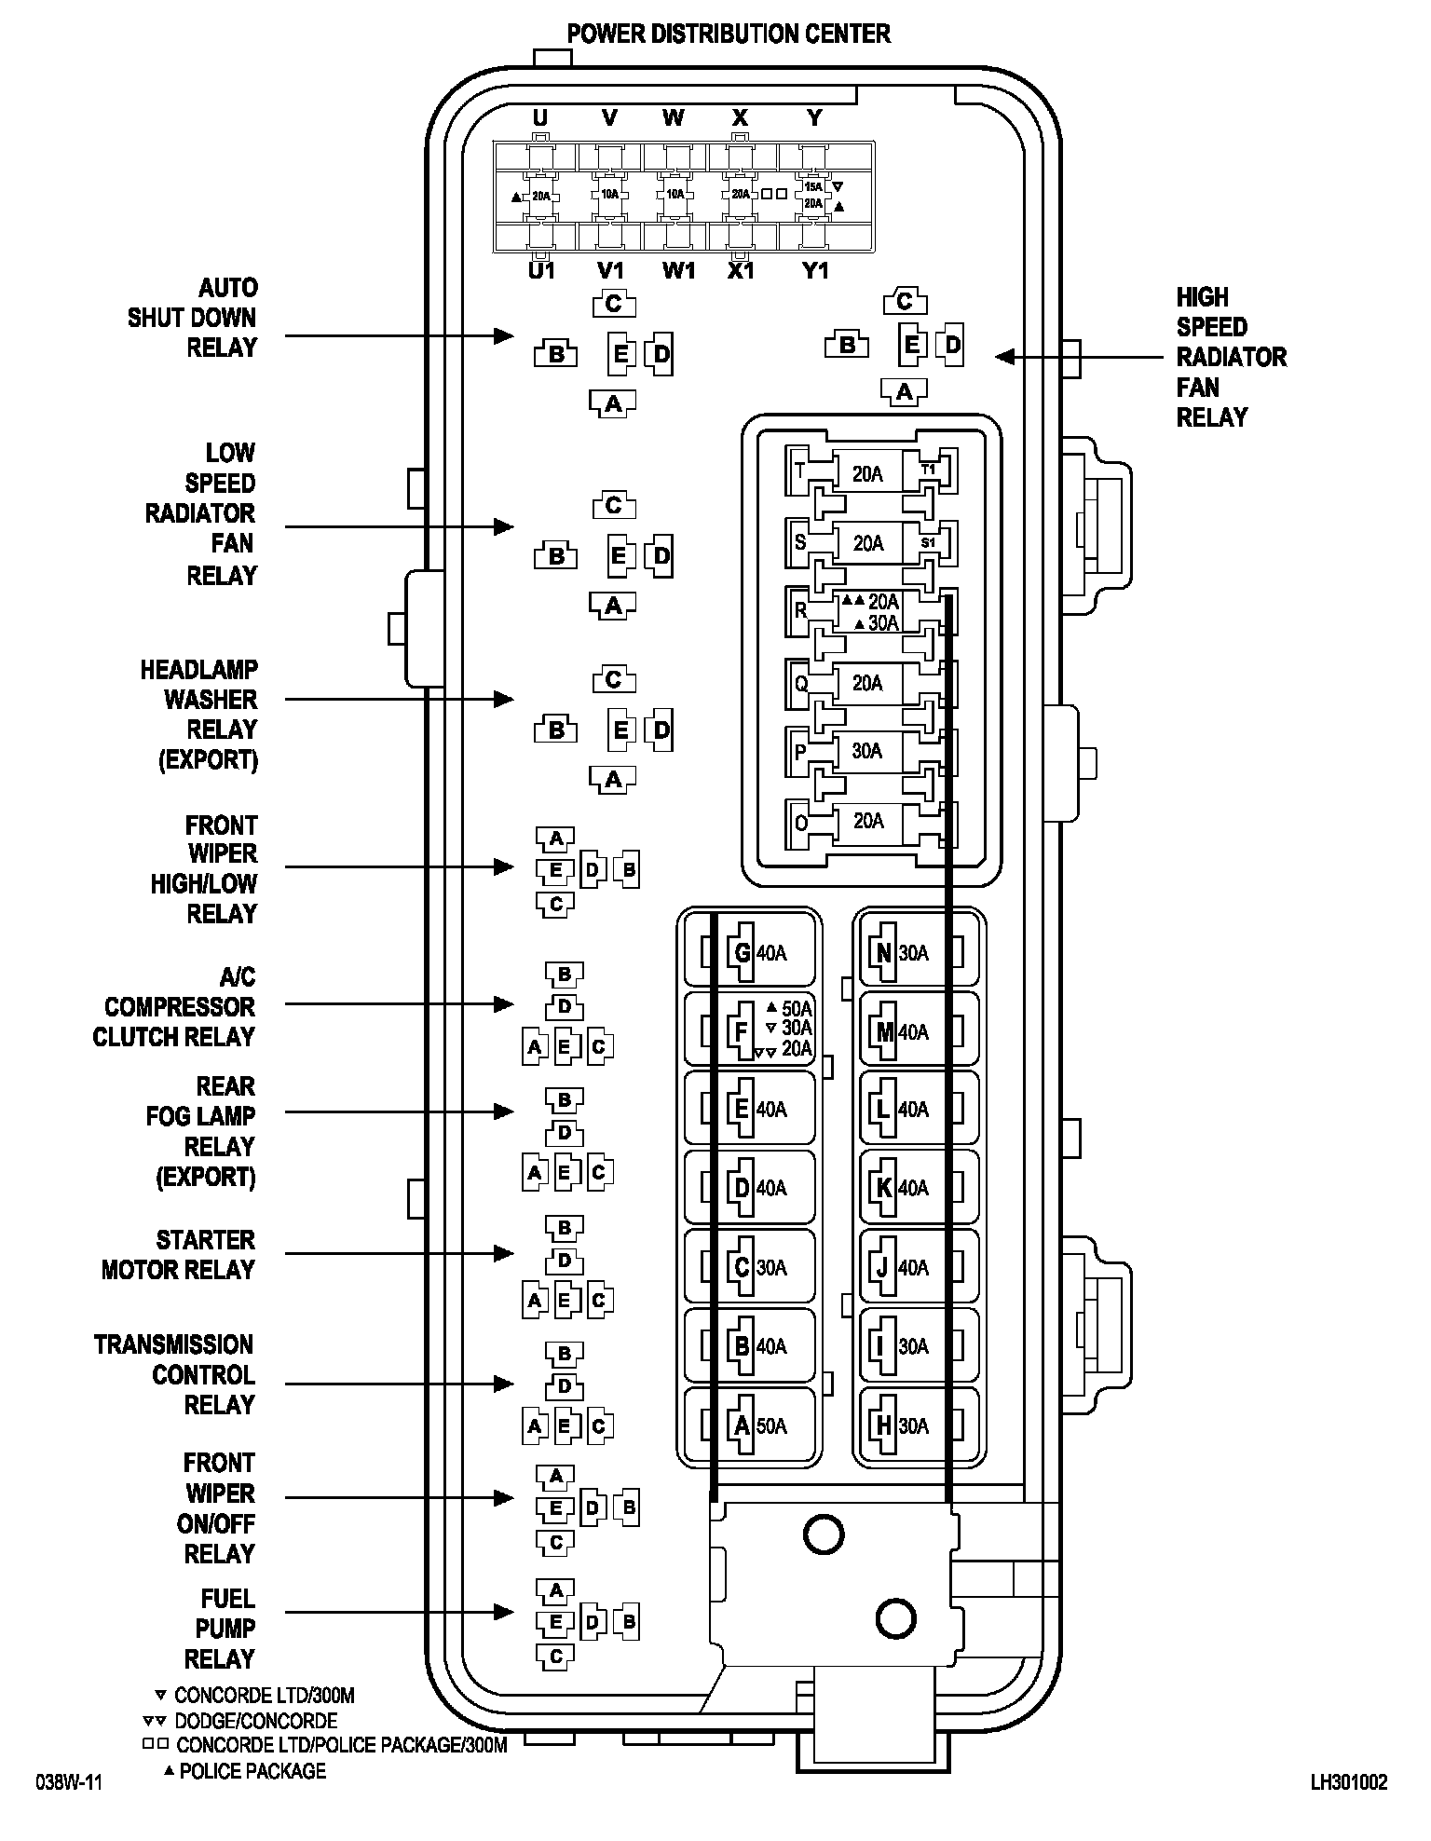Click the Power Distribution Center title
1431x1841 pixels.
[x=729, y=34]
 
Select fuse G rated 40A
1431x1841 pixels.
[x=753, y=952]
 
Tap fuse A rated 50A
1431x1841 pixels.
[x=753, y=1426]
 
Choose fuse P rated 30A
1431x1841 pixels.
[x=867, y=751]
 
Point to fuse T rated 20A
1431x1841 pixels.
[x=867, y=473]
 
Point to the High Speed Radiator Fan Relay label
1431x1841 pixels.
[x=1230, y=357]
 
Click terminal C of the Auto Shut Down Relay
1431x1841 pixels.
[x=613, y=304]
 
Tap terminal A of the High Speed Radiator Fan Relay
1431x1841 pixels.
[x=904, y=393]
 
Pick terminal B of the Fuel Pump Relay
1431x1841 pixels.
[x=629, y=1622]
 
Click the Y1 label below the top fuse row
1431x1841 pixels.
[x=815, y=271]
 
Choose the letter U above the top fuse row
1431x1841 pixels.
[x=540, y=117]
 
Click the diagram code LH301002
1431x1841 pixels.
[x=1348, y=1782]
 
